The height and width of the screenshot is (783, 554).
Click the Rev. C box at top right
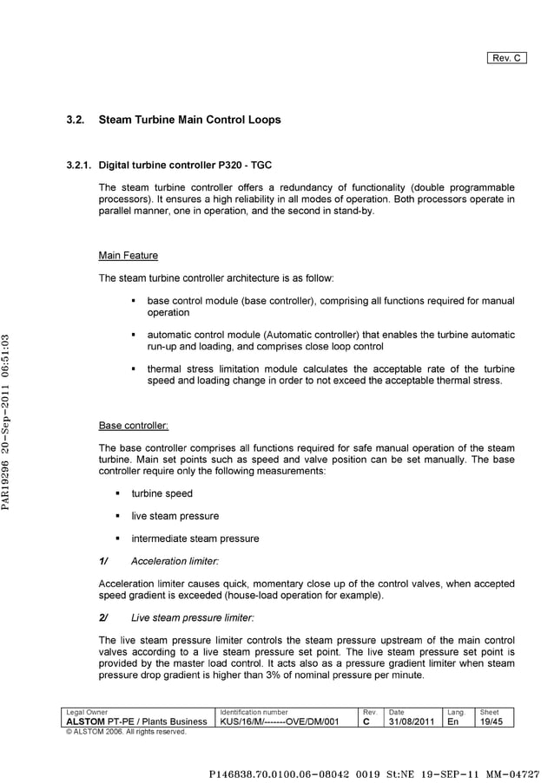(x=506, y=58)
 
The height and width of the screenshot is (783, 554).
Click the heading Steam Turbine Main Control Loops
(x=189, y=120)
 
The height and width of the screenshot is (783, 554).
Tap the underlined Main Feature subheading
(x=129, y=256)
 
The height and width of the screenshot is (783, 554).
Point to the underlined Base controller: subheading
(x=134, y=426)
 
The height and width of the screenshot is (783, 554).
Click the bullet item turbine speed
(x=162, y=493)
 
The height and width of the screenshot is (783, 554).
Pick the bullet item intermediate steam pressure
(x=195, y=538)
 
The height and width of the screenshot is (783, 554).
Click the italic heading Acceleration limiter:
(x=175, y=561)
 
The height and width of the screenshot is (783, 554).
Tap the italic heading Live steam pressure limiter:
(x=192, y=617)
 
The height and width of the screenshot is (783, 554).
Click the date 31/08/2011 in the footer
(x=412, y=721)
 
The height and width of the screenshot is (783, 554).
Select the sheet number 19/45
(x=491, y=721)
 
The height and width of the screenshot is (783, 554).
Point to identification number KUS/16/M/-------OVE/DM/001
(x=279, y=721)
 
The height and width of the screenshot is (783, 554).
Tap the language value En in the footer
(x=452, y=721)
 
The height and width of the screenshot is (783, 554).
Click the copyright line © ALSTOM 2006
(x=126, y=732)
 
